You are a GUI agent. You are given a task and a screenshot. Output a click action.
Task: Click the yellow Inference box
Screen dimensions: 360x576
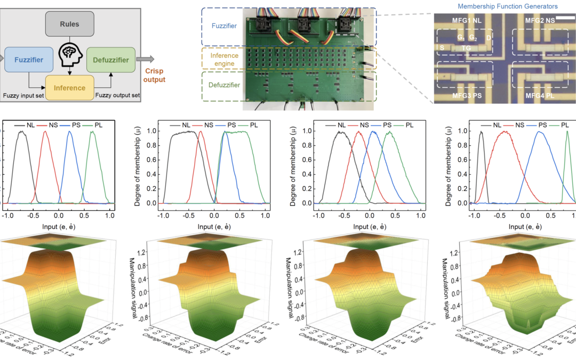(69, 87)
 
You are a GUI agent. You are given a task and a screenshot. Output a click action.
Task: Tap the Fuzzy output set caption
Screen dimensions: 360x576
(117, 95)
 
